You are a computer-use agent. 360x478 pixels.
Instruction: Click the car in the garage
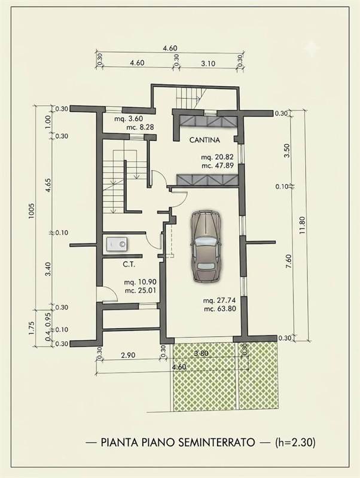(x=206, y=246)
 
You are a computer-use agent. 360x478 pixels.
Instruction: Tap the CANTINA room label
(x=205, y=140)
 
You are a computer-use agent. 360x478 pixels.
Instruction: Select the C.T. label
(x=129, y=264)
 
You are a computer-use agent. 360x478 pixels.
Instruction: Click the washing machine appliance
(x=117, y=244)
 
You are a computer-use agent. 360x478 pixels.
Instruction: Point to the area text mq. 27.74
(x=219, y=301)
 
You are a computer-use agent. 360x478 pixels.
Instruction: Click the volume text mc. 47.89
(x=218, y=166)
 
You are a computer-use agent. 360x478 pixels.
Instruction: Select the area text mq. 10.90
(x=140, y=282)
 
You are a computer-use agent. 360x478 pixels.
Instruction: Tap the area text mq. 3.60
(x=129, y=119)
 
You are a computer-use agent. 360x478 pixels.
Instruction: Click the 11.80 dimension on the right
(x=303, y=225)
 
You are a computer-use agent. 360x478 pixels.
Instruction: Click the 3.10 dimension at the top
(x=208, y=63)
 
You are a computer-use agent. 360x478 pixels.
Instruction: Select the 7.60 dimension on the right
(x=289, y=261)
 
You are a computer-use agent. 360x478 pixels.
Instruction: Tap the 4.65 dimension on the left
(x=48, y=185)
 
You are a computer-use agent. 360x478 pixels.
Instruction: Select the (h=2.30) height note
(x=295, y=442)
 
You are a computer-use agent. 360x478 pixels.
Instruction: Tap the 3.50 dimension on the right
(x=286, y=150)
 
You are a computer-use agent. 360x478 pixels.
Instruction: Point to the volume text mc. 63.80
(x=220, y=308)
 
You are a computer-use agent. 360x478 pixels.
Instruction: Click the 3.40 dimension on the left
(x=48, y=269)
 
